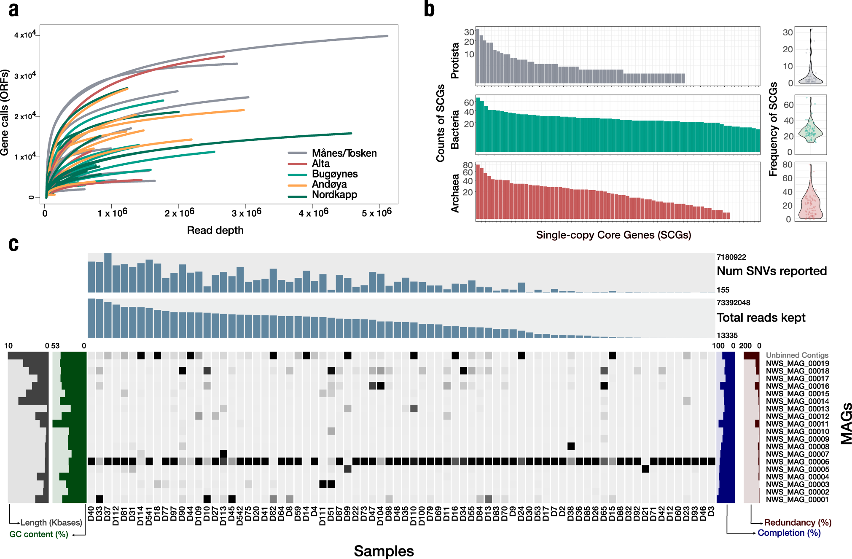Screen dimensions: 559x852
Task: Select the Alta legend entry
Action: click(320, 164)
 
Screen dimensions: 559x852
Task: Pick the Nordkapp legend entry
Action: click(334, 195)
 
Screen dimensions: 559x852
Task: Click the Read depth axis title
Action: click(215, 230)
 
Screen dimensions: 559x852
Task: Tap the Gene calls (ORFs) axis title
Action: click(5, 113)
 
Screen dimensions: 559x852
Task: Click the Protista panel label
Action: click(455, 60)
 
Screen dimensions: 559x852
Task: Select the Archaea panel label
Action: click(455, 193)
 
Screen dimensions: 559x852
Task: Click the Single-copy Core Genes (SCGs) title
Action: click(613, 235)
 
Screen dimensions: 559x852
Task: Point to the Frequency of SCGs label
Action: click(773, 129)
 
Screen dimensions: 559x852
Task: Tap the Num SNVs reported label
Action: click(771, 271)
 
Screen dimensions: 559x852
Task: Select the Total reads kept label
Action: click(761, 317)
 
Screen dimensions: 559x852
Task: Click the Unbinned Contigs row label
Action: click(797, 355)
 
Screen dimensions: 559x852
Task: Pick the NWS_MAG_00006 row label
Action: click(797, 462)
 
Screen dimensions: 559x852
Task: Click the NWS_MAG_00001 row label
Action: click(797, 500)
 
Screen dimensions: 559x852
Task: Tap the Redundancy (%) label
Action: click(798, 523)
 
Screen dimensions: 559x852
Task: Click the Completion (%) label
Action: click(789, 533)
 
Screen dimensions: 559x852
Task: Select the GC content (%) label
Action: click(39, 534)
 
